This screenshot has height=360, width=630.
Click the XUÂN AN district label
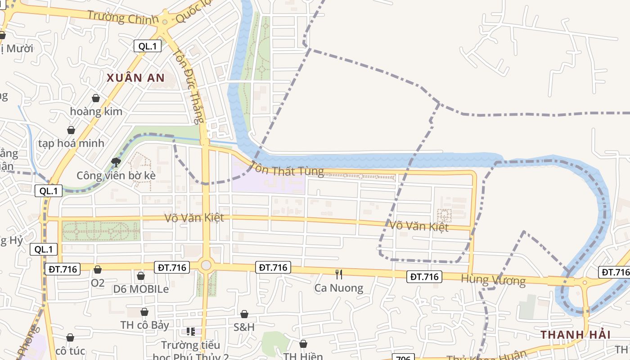[135, 78]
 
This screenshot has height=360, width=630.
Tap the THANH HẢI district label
[575, 335]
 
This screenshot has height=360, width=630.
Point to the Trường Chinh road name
[123, 18]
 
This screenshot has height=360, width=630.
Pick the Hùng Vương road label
[493, 280]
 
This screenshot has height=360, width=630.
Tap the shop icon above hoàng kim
[96, 98]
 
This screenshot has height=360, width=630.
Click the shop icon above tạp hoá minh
[71, 130]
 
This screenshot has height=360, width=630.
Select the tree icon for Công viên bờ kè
[116, 162]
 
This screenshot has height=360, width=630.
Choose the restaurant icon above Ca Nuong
[339, 274]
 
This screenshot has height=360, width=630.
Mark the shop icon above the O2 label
[98, 270]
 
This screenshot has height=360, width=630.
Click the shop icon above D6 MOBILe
[141, 275]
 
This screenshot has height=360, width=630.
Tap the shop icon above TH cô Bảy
[144, 312]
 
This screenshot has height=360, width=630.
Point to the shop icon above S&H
[244, 314]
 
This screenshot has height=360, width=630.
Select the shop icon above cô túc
[70, 337]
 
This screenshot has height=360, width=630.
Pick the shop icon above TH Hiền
[303, 344]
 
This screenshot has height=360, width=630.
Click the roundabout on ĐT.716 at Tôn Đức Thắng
[206, 265]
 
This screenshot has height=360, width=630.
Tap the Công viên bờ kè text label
[116, 175]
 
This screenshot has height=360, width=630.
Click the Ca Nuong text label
[338, 288]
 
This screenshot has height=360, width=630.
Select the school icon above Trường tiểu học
[191, 332]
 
